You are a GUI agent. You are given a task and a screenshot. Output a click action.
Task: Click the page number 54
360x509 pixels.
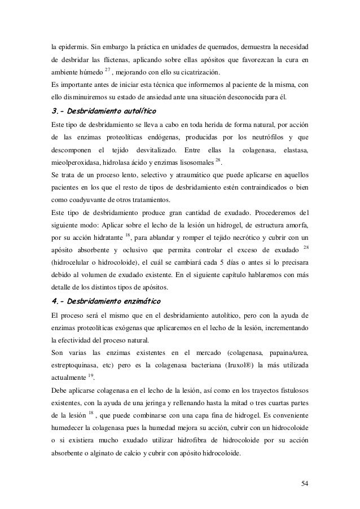[x=305, y=483]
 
